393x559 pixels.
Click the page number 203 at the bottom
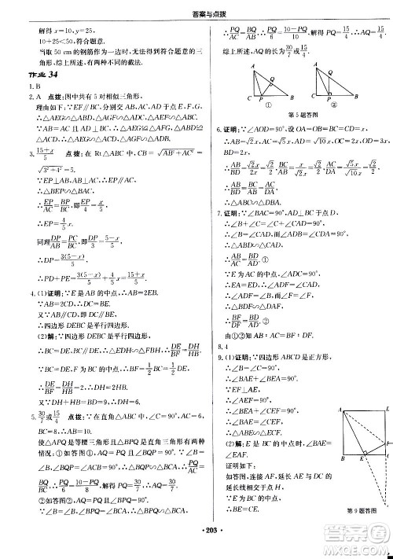pos(196,548)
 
